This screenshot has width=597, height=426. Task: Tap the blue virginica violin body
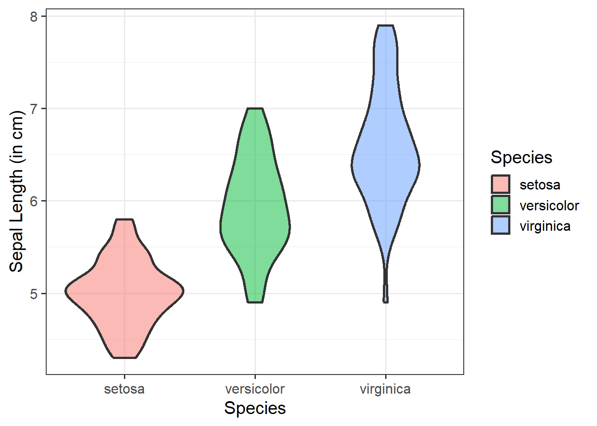(386, 164)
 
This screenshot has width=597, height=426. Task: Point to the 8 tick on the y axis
(34, 16)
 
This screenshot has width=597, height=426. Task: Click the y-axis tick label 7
(34, 109)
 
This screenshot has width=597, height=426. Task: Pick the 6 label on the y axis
(34, 201)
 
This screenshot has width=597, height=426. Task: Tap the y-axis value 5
(34, 293)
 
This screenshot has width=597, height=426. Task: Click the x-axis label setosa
(124, 389)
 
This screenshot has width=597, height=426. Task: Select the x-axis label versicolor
(255, 389)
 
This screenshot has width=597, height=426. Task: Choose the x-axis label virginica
(385, 389)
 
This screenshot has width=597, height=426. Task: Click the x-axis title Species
(255, 408)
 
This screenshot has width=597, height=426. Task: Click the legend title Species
(521, 158)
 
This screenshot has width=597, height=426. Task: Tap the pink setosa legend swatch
(501, 185)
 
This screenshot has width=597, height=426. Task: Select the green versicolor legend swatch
(501, 205)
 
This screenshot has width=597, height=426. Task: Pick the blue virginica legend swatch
(501, 225)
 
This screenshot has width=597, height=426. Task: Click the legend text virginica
(545, 226)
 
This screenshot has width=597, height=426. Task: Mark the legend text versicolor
(549, 205)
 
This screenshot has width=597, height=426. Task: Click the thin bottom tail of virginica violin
(386, 288)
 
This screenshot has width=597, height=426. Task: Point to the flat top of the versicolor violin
(255, 109)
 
